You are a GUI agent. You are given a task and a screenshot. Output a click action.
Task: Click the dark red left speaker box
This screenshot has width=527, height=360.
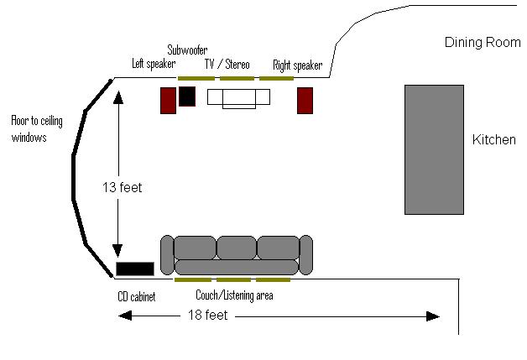[x=168, y=101]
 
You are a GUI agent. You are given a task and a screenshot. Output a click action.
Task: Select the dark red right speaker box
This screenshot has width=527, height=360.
[x=305, y=101]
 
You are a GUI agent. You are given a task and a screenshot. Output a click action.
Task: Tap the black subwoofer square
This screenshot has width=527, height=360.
[x=187, y=97]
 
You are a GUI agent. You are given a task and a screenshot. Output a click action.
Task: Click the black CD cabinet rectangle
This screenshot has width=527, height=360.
[x=135, y=269]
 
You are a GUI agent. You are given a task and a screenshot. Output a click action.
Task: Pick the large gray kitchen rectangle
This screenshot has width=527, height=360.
[x=434, y=149]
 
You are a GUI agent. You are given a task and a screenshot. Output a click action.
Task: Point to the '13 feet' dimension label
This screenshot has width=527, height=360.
[x=123, y=188]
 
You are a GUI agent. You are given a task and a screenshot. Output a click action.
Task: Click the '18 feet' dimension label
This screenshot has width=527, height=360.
[x=208, y=316]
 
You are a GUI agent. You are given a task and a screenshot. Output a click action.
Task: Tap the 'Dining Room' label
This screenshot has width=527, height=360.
[x=483, y=42]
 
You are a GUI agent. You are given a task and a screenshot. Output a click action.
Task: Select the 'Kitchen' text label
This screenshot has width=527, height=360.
[x=493, y=139]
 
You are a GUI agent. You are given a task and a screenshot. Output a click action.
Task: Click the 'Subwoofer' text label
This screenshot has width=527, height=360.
[x=187, y=50]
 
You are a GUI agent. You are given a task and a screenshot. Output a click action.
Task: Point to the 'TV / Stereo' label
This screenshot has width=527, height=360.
[x=227, y=64]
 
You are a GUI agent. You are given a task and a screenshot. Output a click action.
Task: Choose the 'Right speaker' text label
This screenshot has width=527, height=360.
[x=297, y=65]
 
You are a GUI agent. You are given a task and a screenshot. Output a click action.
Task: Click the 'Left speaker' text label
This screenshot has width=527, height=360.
[x=154, y=64]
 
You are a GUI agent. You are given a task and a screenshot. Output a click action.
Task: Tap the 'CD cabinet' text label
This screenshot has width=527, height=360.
[x=137, y=296]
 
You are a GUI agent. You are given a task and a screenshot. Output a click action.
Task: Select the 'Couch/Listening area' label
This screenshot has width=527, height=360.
[x=234, y=295]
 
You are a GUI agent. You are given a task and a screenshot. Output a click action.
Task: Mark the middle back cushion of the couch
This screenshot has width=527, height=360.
[x=237, y=248]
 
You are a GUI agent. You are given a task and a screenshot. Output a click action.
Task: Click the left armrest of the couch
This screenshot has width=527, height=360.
[x=167, y=255]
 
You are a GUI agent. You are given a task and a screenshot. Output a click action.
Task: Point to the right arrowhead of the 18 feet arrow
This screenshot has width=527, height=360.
[x=433, y=316]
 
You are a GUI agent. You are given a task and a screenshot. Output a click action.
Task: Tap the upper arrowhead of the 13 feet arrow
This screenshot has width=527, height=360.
[x=118, y=97]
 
